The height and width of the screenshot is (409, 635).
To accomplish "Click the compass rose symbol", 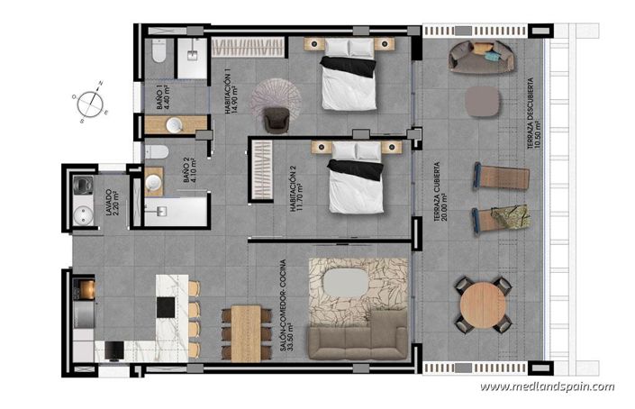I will coord(89,100).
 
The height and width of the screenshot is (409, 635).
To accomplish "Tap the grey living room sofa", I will coord(358,337).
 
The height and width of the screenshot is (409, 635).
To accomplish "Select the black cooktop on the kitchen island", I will coord(168,306).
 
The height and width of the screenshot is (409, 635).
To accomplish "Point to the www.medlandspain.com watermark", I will coord(547,386).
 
